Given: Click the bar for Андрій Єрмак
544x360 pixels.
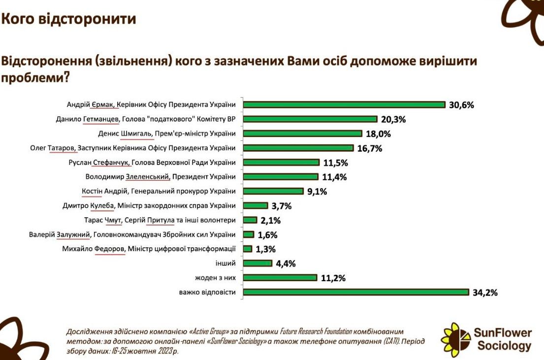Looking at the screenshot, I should pyautogui.click(x=344, y=104).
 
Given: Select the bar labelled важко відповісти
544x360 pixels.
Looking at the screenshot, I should pyautogui.click(x=356, y=293).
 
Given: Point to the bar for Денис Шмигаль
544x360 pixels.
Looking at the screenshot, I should pyautogui.click(x=303, y=133).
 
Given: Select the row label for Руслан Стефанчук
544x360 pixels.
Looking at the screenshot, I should pyautogui.click(x=153, y=162).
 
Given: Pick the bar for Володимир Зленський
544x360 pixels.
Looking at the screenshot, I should pyautogui.click(x=281, y=176).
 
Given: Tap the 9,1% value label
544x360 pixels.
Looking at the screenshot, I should pyautogui.click(x=317, y=191).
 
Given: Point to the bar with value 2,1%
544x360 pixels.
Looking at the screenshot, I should pyautogui.click(x=251, y=220).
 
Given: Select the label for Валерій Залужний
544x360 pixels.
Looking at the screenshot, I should pyautogui.click(x=132, y=234).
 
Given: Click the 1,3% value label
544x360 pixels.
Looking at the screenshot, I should pyautogui.click(x=266, y=249).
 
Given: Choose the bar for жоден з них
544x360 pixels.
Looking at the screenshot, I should pyautogui.click(x=280, y=278).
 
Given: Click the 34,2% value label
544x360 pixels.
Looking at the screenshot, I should pyautogui.click(x=485, y=293).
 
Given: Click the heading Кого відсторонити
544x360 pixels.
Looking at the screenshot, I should pyautogui.click(x=68, y=19).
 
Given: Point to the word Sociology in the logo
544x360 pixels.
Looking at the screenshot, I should pyautogui.click(x=504, y=346).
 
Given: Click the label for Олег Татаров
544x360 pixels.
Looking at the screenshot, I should pyautogui.click(x=132, y=148).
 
